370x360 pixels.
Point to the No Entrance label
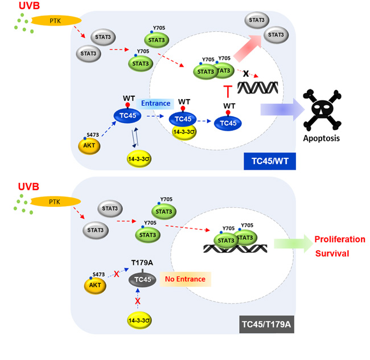pos(185,279)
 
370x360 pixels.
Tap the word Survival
pos(332,253)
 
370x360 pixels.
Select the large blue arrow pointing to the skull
pos(278,109)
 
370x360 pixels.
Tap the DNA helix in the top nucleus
pos(257,87)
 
